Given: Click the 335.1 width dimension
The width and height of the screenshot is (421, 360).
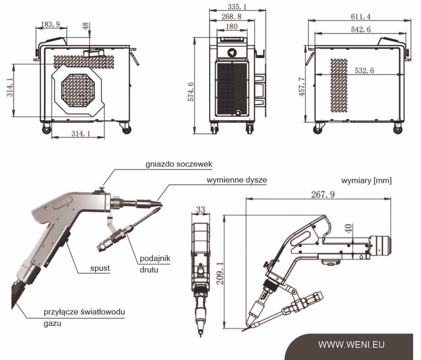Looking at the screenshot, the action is pyautogui.click(x=237, y=7).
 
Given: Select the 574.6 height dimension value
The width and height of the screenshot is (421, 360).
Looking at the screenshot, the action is pyautogui.click(x=190, y=92).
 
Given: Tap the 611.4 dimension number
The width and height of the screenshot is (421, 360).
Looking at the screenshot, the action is pyautogui.click(x=361, y=16).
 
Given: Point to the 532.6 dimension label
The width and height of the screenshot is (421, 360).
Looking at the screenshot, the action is pyautogui.click(x=364, y=71).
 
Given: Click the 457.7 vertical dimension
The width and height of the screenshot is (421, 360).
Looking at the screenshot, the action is pyautogui.click(x=302, y=87).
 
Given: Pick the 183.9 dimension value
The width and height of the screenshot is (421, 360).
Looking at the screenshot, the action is pyautogui.click(x=50, y=24).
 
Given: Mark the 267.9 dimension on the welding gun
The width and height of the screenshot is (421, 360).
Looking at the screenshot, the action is pyautogui.click(x=323, y=194).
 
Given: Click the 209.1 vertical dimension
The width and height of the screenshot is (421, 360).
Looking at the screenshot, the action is pyautogui.click(x=220, y=273).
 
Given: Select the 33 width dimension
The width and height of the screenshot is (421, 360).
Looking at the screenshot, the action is pyautogui.click(x=201, y=209).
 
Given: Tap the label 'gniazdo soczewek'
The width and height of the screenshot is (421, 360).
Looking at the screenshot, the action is pyautogui.click(x=179, y=164).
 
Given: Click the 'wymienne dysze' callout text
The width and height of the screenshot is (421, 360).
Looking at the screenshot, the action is pyautogui.click(x=237, y=180).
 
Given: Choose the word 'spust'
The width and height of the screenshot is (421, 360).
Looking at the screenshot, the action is pyautogui.click(x=100, y=268).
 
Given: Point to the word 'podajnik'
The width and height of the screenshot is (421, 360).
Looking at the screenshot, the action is pyautogui.click(x=155, y=259).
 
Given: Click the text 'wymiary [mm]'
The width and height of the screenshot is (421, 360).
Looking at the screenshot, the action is pyautogui.click(x=366, y=181).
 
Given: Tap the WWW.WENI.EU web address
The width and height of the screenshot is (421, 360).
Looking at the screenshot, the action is pyautogui.click(x=351, y=345).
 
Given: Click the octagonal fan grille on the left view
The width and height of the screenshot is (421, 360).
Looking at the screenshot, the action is pyautogui.click(x=78, y=90).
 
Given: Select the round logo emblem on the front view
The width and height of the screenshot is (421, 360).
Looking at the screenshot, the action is pyautogui.click(x=232, y=53).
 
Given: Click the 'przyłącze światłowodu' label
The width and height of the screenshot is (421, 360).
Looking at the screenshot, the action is pyautogui.click(x=84, y=312).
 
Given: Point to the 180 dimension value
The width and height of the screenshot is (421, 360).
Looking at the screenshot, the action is pyautogui.click(x=232, y=26).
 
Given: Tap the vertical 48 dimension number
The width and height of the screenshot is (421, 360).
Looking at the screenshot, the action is pyautogui.click(x=85, y=26).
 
